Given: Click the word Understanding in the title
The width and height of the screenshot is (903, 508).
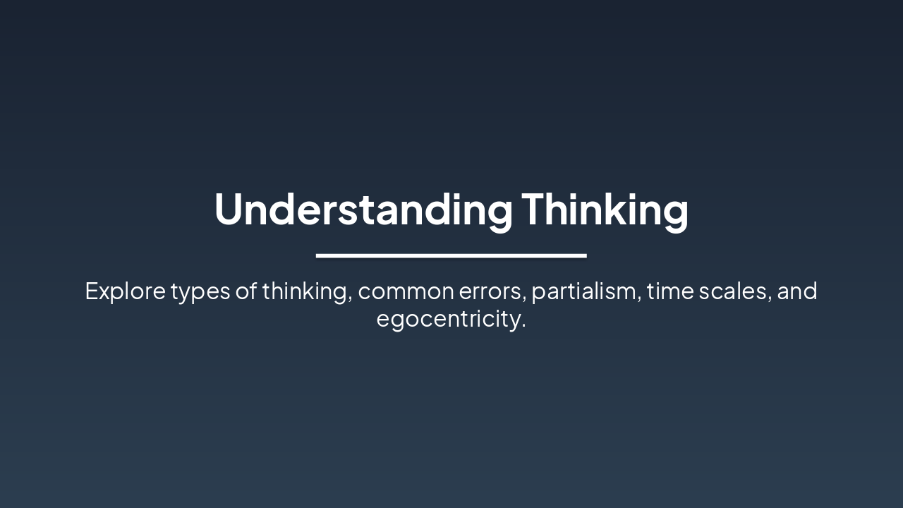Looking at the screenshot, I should coord(363,210).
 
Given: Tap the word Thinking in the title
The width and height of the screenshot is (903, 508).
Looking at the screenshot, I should coord(605,210).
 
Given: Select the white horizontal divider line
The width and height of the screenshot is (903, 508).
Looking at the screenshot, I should coord(451,255).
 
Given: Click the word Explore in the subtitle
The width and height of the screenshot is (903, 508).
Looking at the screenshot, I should coord(125,291).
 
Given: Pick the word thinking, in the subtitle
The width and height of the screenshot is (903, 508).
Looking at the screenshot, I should coord(308,291).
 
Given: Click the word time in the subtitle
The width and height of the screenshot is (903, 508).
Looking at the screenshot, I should coord(669,291).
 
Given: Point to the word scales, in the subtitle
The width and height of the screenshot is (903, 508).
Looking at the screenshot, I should coord(734,291).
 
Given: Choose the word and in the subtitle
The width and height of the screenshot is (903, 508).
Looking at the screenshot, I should coord(797,291).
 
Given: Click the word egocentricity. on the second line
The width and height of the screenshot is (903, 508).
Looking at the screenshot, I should coord(451,319).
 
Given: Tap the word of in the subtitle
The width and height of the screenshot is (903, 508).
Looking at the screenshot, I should coord(246,291).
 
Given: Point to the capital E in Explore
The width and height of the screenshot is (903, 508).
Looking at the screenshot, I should coord(91,291).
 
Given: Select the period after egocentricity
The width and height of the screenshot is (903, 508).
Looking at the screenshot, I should coord(523,327).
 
